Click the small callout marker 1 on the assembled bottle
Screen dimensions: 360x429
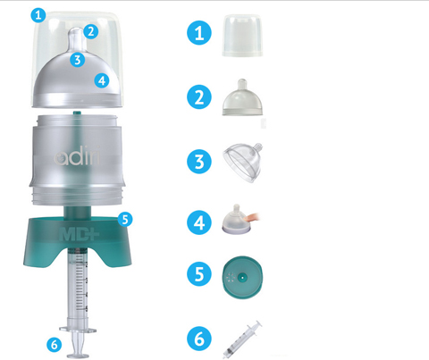[x=36, y=14]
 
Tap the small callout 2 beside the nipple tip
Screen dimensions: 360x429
[x=91, y=32]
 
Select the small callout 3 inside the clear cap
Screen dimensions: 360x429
[x=79, y=61]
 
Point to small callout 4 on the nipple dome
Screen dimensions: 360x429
[x=102, y=80]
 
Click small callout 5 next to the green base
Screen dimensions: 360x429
[x=125, y=217]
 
